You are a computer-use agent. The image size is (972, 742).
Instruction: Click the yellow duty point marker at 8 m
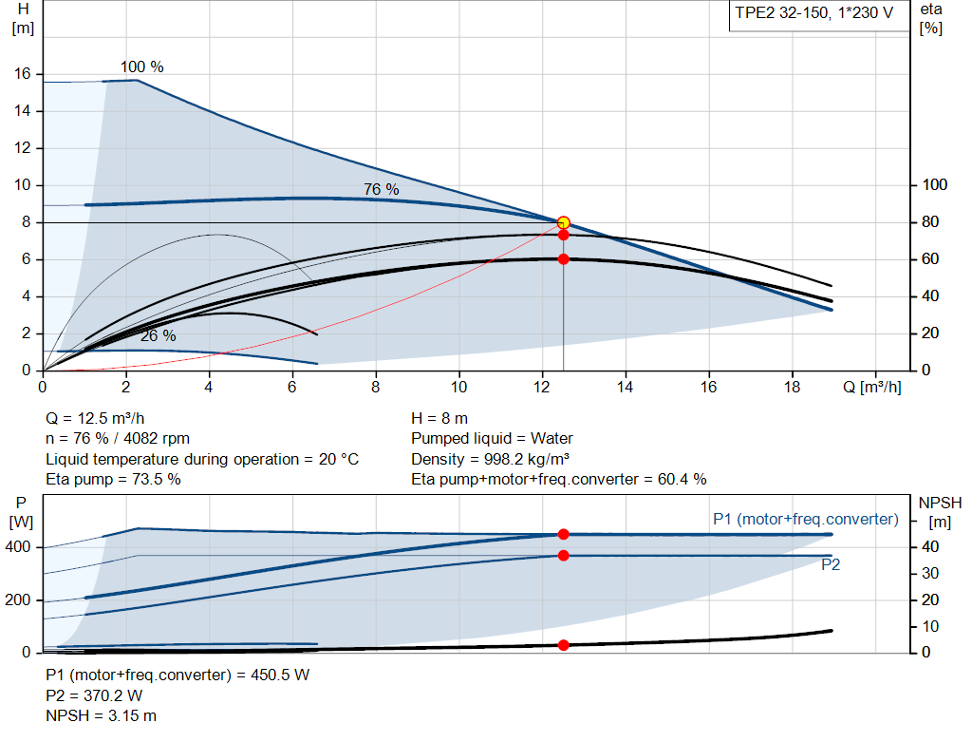click(563, 222)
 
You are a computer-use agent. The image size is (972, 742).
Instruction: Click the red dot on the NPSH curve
click(563, 645)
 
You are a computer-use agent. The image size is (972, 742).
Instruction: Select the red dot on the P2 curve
click(563, 555)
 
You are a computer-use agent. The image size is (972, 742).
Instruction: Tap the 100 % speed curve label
click(141, 67)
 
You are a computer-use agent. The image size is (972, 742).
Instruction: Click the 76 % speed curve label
click(381, 190)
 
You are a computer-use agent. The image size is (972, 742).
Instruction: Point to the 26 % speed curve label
click(158, 336)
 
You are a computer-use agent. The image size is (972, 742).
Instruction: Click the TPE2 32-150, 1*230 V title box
click(815, 16)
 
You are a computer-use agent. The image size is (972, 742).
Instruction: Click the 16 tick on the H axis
click(23, 74)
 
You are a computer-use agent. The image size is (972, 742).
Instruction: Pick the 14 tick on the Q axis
click(626, 387)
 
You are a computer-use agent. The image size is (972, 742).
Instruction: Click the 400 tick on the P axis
click(20, 547)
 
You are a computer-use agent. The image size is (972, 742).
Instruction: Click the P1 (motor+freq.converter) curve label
click(805, 519)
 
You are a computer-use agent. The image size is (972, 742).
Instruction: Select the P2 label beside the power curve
click(831, 564)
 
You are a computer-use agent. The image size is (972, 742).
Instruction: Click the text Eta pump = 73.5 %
click(113, 479)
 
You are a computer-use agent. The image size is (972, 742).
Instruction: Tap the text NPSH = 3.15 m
click(102, 715)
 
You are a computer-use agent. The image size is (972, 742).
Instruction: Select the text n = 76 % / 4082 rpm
click(118, 439)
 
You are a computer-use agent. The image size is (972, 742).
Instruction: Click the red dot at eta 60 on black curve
click(563, 258)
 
